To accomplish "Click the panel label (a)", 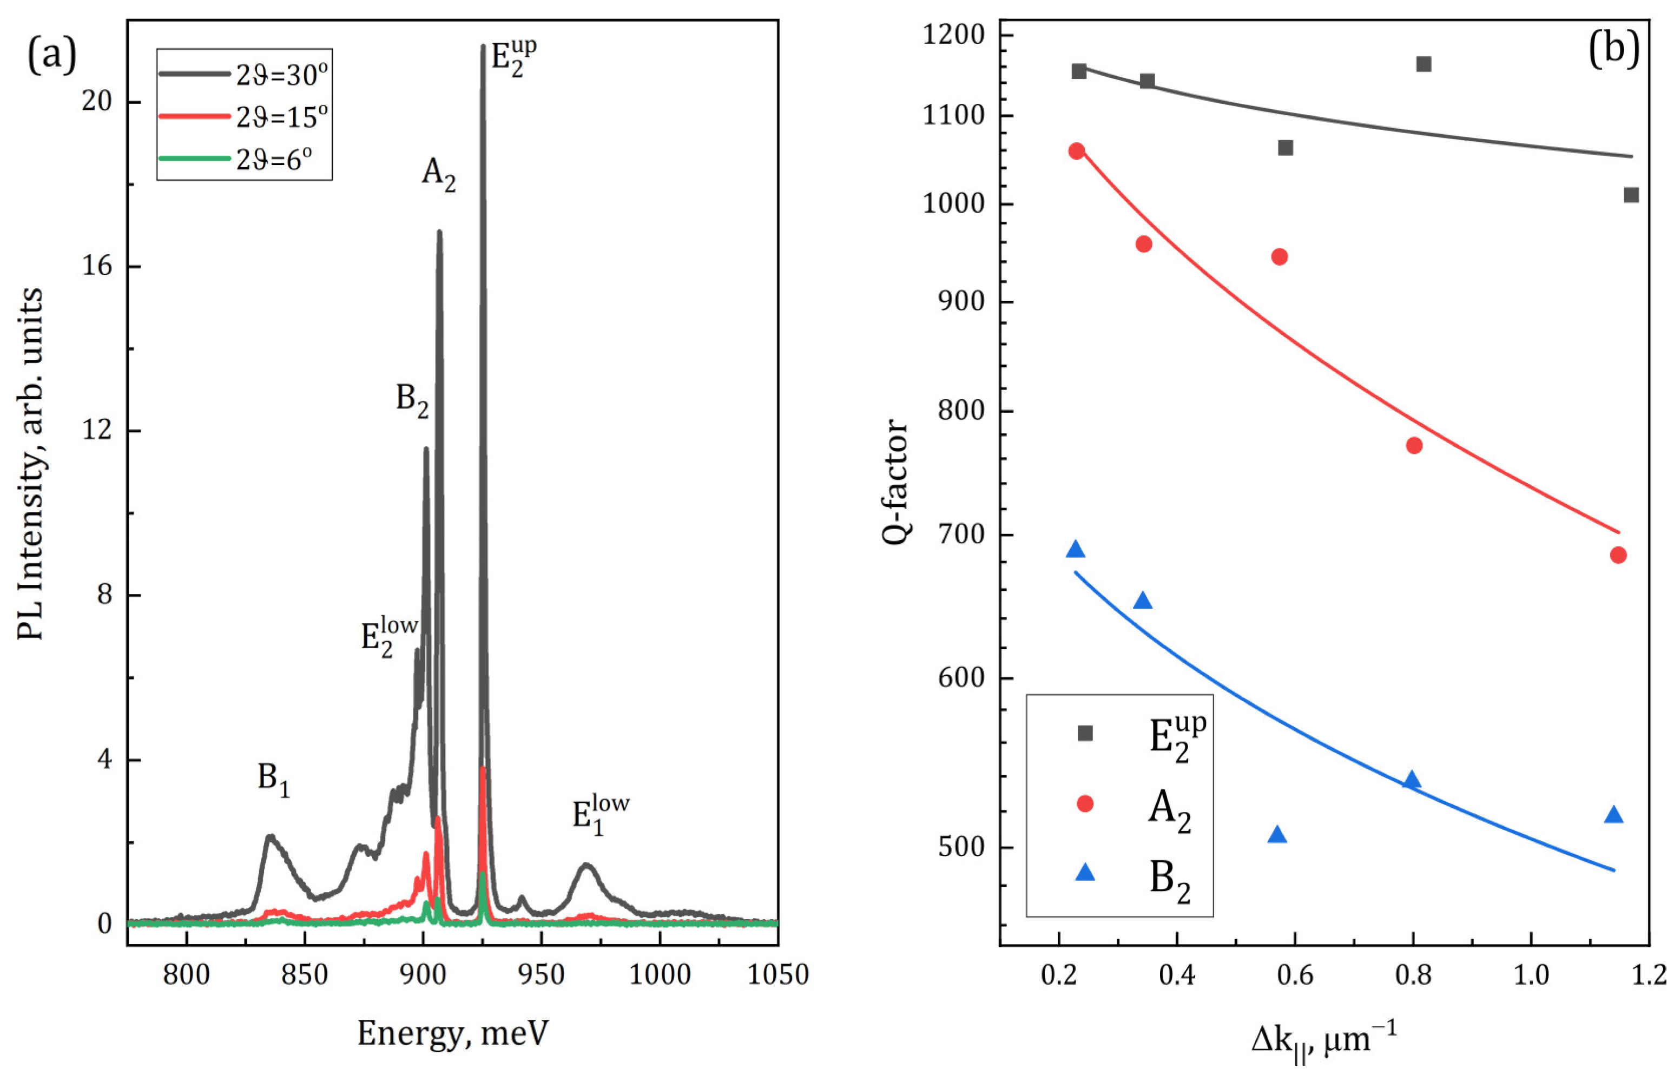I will click(x=51, y=56).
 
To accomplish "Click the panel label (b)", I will click(x=1614, y=50).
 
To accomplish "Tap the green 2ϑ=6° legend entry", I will click(x=273, y=160).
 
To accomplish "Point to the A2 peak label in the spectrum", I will click(x=438, y=173).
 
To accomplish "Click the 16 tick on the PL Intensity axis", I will click(x=96, y=267).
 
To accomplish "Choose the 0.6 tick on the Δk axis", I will click(x=1295, y=974).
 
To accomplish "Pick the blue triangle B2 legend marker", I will click(x=1085, y=873).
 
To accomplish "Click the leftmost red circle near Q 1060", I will click(x=1077, y=151).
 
